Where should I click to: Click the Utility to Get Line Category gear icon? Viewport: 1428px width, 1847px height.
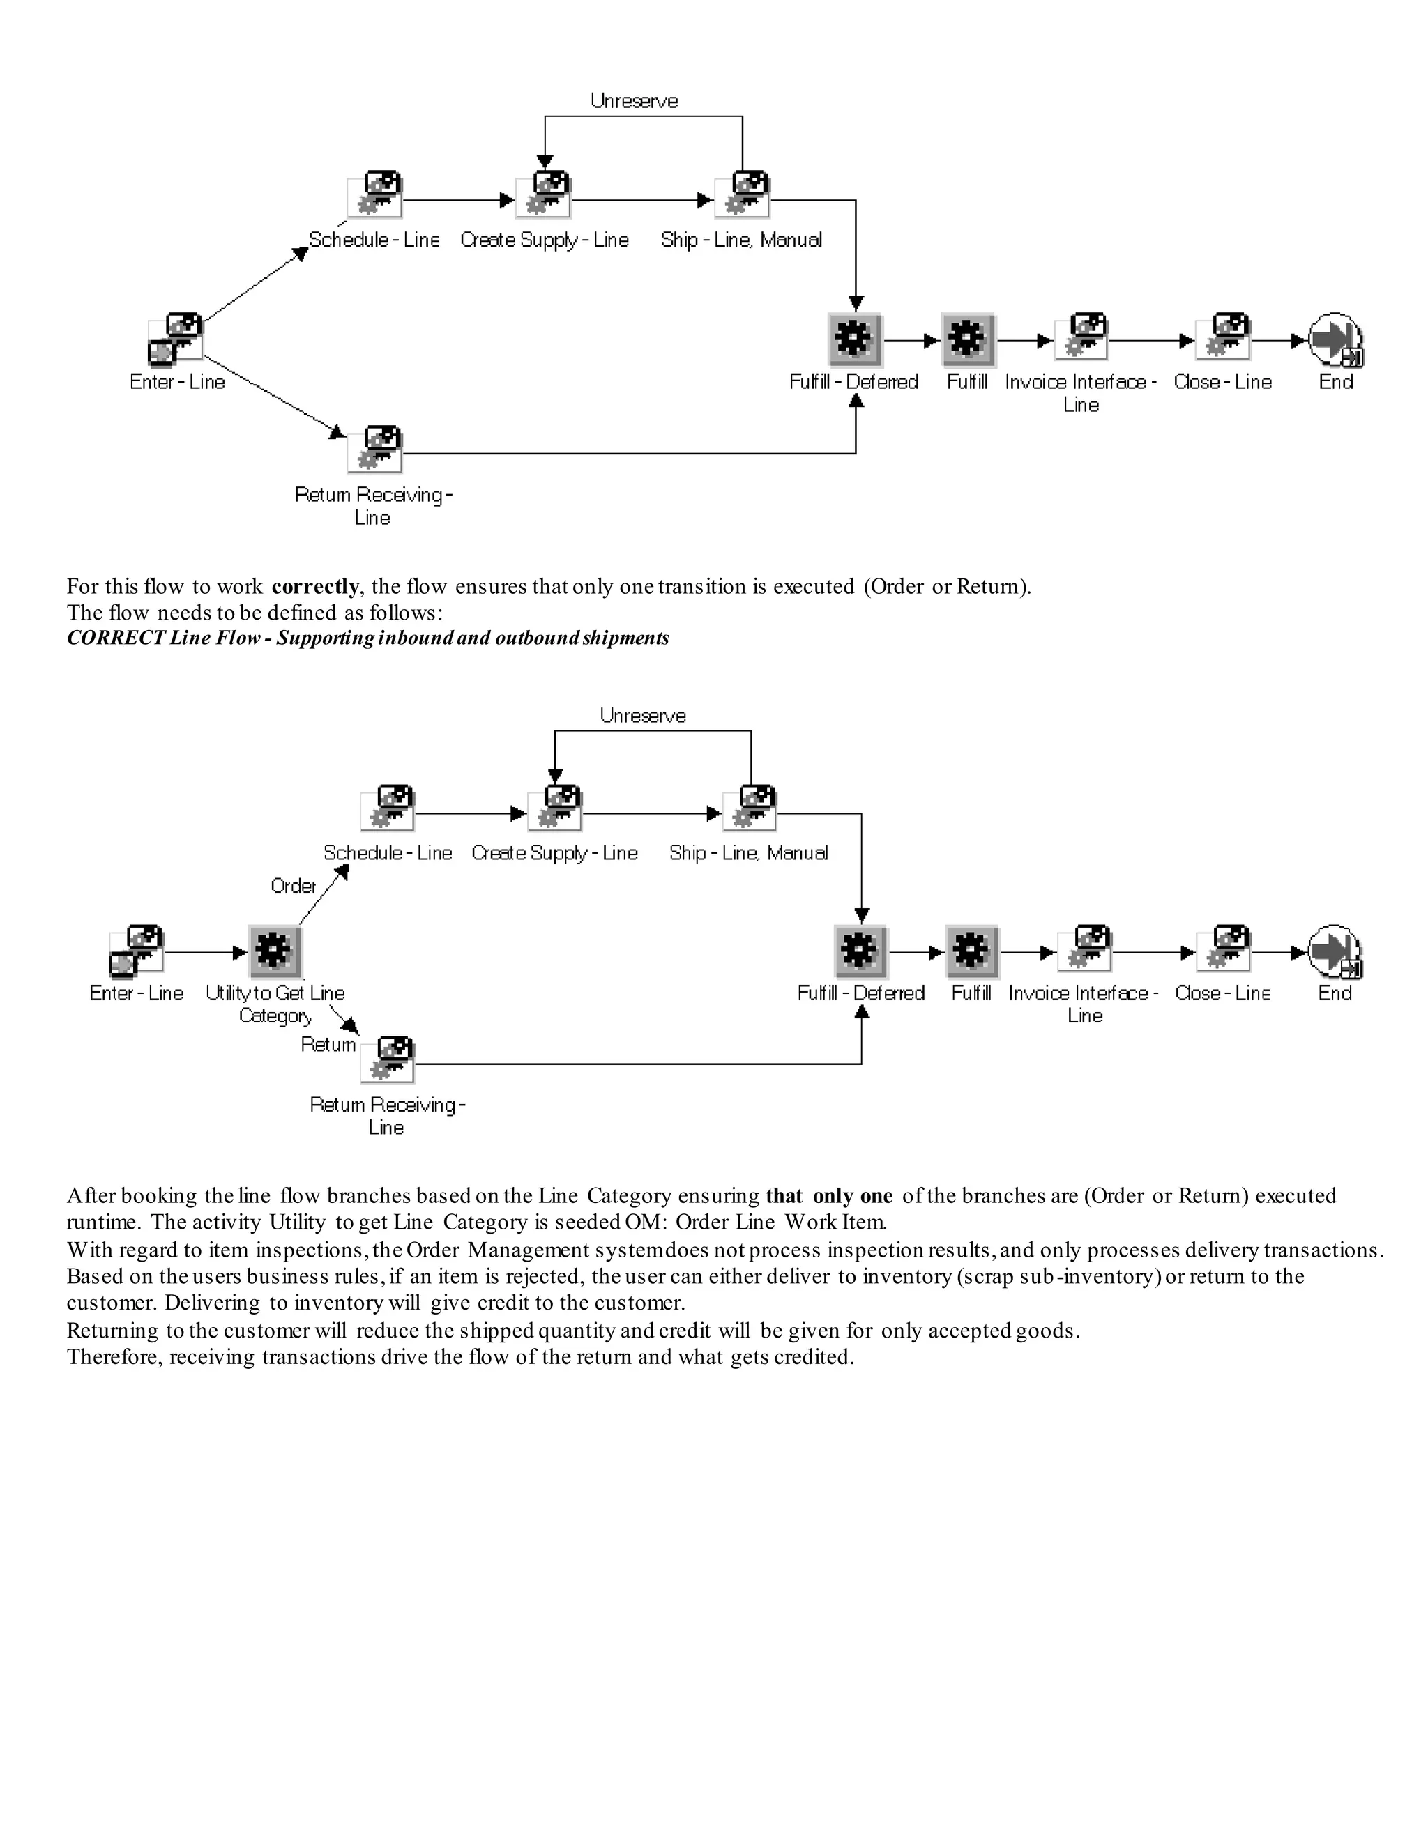[x=274, y=951]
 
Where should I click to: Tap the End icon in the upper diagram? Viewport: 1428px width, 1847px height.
[x=1335, y=340]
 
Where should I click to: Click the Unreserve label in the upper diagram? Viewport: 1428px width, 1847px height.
[x=634, y=102]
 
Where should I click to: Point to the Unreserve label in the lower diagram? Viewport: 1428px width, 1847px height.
[x=642, y=716]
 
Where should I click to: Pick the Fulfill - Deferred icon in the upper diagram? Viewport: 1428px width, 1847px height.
[x=854, y=340]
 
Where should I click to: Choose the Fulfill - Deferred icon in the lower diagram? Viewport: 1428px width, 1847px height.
[x=861, y=951]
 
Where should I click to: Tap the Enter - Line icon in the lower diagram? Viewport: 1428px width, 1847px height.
[x=136, y=951]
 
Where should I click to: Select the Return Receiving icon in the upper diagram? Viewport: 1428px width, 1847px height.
[x=374, y=449]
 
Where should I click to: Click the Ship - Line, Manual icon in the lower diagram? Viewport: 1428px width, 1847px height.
[x=749, y=808]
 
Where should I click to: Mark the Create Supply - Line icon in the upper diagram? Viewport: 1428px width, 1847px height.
[x=544, y=195]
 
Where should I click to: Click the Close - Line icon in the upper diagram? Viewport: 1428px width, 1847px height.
[x=1222, y=337]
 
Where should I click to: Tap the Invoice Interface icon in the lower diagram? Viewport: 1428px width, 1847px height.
[x=1084, y=949]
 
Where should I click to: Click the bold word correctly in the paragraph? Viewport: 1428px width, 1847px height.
[x=314, y=587]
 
